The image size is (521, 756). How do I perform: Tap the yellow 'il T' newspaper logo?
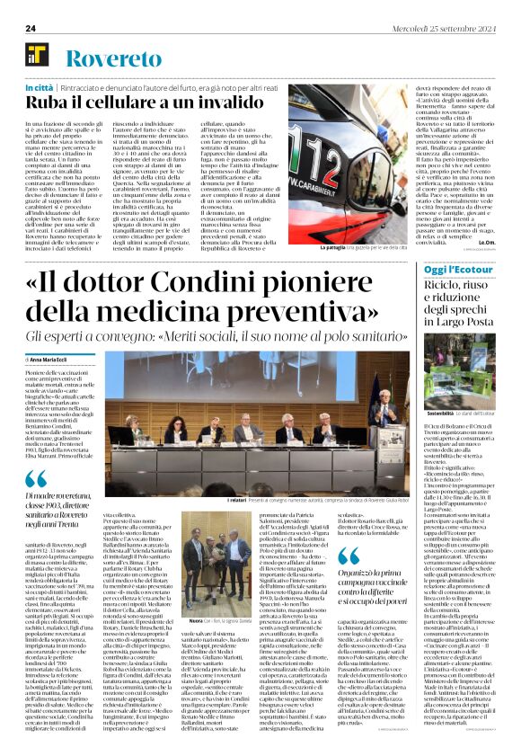(x=40, y=58)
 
